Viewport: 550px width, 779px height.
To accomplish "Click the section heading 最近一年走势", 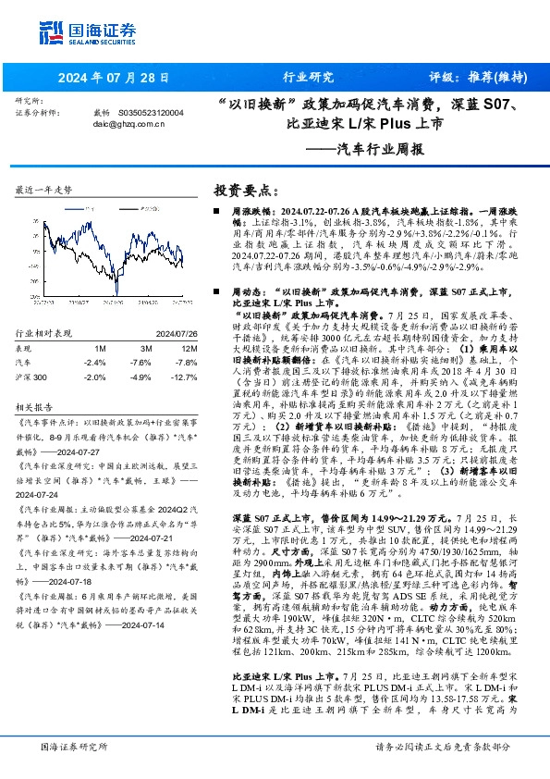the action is [x=44, y=190].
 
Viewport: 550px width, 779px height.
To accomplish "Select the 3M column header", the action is [x=141, y=348].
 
